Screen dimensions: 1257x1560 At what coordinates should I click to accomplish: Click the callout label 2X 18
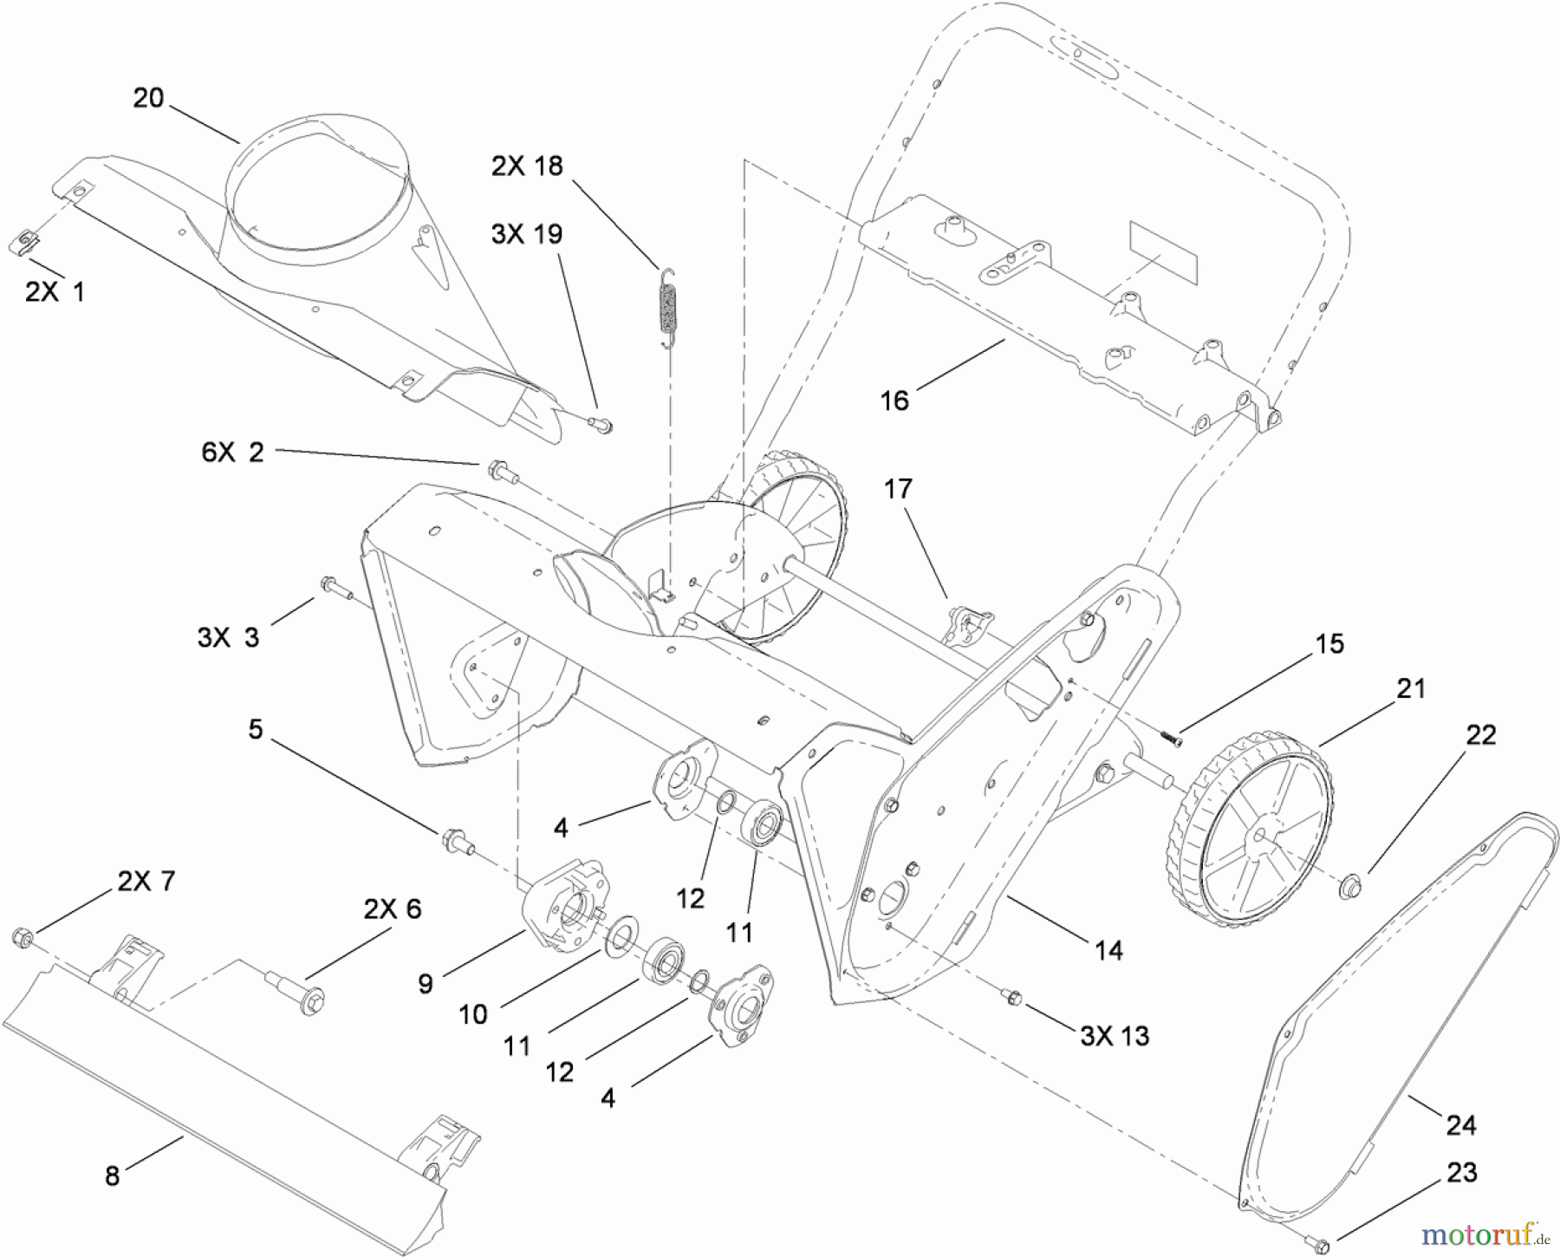pyautogui.click(x=527, y=166)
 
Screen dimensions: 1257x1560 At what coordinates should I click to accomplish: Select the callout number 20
pyautogui.click(x=148, y=98)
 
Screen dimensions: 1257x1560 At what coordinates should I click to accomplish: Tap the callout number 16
pyautogui.click(x=894, y=400)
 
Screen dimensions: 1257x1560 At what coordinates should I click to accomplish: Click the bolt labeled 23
pyautogui.click(x=1320, y=1245)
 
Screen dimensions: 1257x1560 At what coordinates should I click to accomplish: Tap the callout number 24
pyautogui.click(x=1460, y=1125)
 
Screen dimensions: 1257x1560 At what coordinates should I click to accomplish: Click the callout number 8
pyautogui.click(x=112, y=1177)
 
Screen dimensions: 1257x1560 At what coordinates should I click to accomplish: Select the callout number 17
pyautogui.click(x=898, y=489)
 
